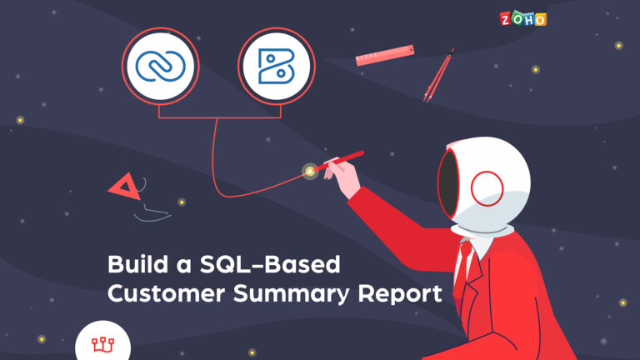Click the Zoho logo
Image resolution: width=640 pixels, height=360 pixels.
(x=522, y=19)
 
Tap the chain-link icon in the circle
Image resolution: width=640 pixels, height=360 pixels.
(x=160, y=66)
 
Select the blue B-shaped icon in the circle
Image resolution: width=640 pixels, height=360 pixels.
(x=277, y=66)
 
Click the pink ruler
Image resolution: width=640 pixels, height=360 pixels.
(x=385, y=55)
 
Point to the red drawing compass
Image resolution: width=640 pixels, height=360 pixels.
(x=438, y=76)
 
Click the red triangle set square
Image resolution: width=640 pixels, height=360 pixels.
(x=124, y=187)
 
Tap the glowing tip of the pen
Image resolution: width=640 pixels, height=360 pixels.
(x=310, y=172)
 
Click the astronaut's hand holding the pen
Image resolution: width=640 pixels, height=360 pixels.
(x=342, y=177)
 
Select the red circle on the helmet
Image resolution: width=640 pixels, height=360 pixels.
(x=487, y=188)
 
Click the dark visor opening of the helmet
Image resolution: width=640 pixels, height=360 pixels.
(x=448, y=184)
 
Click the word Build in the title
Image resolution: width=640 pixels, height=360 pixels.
(x=138, y=264)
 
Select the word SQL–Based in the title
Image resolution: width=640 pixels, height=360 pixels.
(x=270, y=264)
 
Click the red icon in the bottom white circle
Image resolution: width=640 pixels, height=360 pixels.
(x=102, y=344)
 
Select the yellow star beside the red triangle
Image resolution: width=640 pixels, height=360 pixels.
(x=182, y=202)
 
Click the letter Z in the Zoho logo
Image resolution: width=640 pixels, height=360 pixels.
(x=505, y=19)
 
